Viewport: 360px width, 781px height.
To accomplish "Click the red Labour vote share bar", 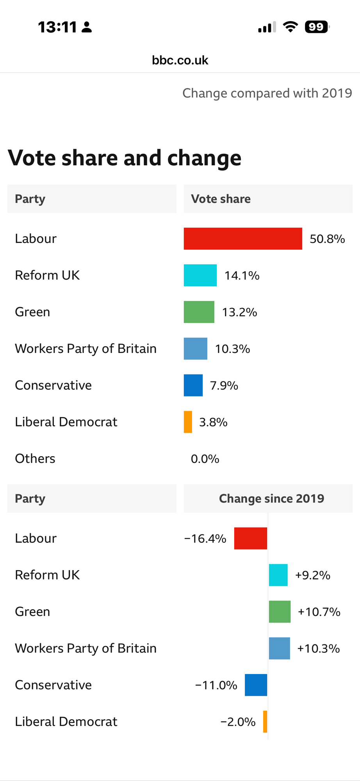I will [243, 239].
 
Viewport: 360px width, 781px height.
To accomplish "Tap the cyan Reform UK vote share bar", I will [200, 275].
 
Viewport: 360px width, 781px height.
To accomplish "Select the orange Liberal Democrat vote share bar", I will [188, 422].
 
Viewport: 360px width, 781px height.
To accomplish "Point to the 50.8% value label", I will [327, 239].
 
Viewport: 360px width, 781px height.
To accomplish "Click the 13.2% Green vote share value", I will [239, 312].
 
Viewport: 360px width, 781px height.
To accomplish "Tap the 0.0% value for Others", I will [205, 459].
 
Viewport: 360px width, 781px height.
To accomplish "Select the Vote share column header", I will [221, 199].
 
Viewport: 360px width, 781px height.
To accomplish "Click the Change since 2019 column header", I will [271, 499].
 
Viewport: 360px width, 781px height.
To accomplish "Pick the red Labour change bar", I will [250, 538].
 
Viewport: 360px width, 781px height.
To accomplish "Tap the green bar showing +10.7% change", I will [280, 612].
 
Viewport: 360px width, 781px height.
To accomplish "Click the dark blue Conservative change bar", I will [256, 685].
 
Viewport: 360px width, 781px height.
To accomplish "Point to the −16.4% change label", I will [205, 538].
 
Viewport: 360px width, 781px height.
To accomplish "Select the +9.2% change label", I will [313, 575].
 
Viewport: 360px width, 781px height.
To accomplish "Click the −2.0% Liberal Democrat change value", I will [238, 722].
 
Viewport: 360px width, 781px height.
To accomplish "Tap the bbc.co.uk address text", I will [180, 60].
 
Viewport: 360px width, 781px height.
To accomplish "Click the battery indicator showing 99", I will [317, 27].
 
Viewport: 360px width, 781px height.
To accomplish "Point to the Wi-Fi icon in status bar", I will [290, 27].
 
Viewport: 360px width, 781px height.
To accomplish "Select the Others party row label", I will [35, 458].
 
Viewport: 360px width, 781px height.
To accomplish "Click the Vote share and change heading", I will [125, 158].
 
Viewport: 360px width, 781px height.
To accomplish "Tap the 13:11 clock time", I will [57, 27].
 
